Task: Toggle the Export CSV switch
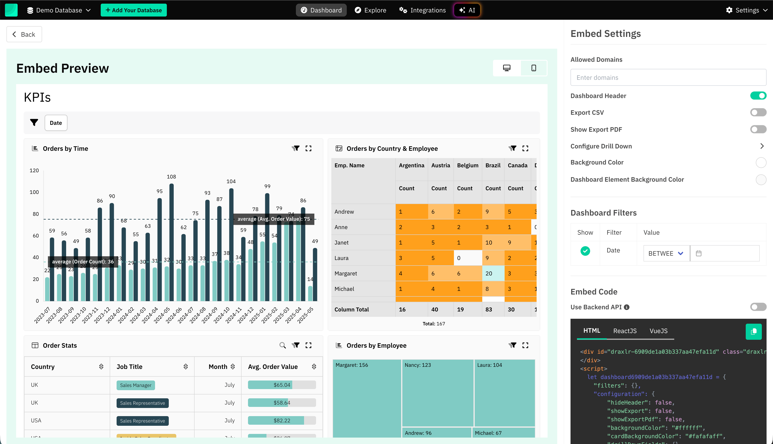pos(758,113)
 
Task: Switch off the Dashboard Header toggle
pos(758,96)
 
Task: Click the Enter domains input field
pos(668,77)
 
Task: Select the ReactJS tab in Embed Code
pos(625,331)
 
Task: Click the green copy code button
pos(753,331)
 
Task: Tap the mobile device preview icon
pos(533,68)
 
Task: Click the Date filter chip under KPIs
pos(56,123)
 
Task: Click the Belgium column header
pos(467,165)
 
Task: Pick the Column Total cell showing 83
pos(488,310)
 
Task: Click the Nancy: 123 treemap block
pos(437,393)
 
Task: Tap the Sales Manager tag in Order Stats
pos(135,385)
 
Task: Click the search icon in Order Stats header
pos(283,345)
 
